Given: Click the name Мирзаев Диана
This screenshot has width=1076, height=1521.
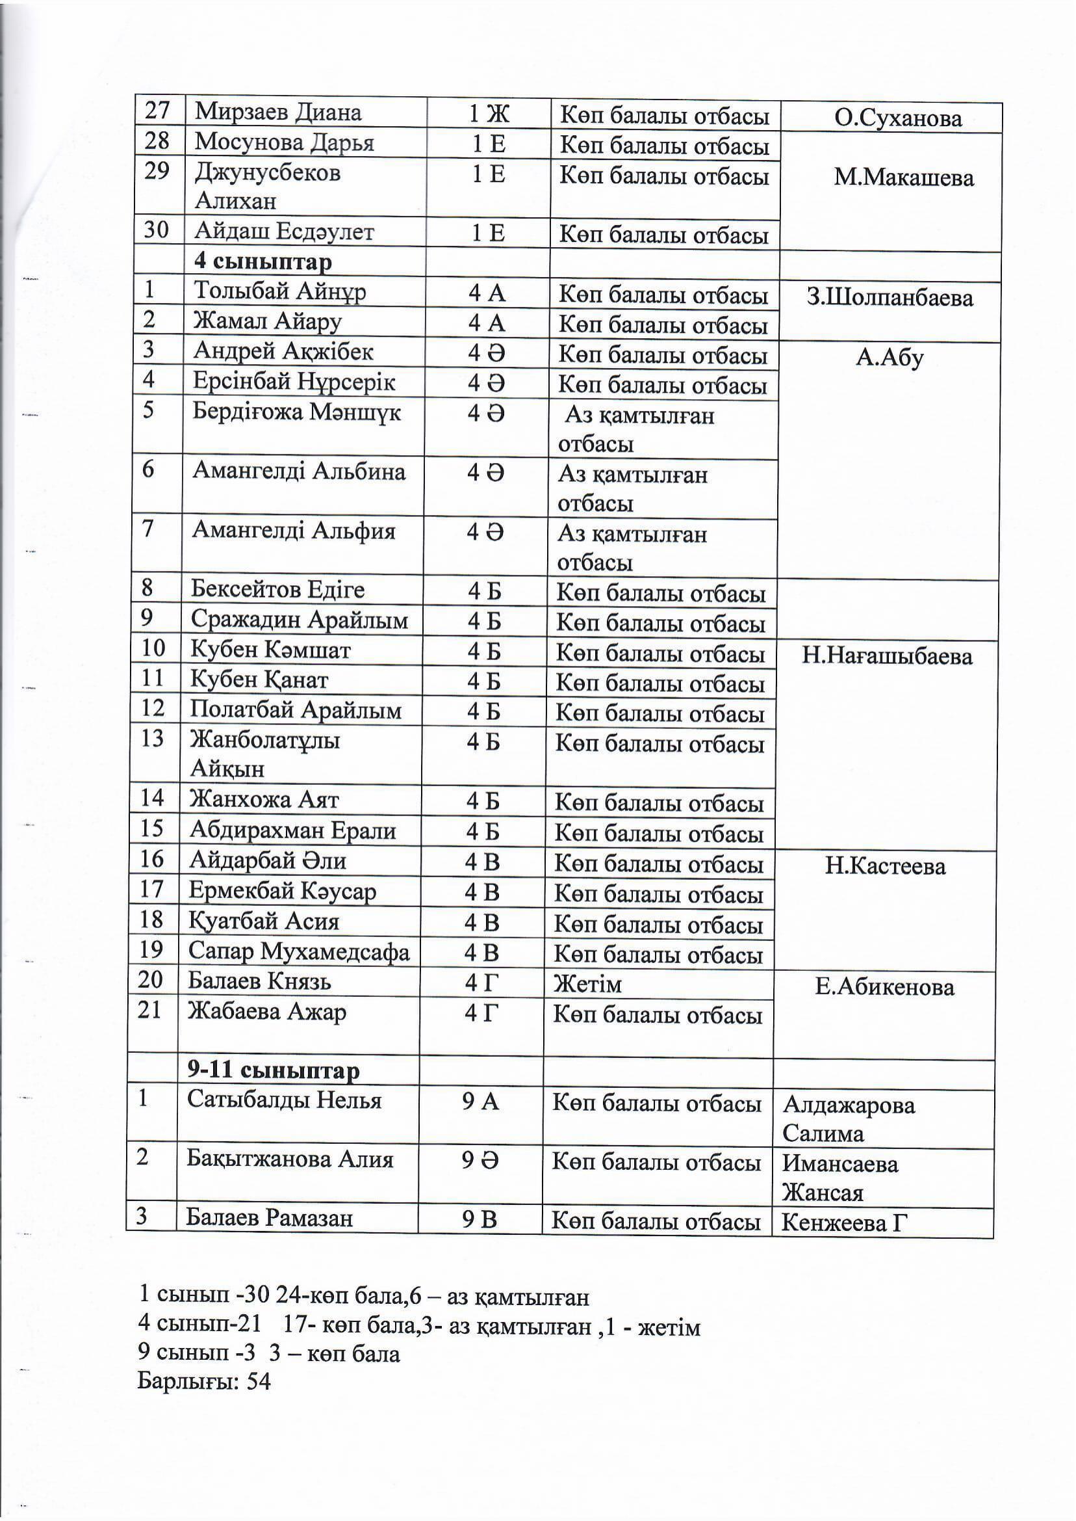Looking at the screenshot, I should point(277,112).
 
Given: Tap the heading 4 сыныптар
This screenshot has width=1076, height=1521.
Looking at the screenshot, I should point(263,262).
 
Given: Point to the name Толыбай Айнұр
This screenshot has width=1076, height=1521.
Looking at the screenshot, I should point(279,292).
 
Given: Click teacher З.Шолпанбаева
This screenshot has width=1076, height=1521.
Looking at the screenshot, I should point(889,298).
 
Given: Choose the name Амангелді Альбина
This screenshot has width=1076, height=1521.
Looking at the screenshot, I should point(299,471).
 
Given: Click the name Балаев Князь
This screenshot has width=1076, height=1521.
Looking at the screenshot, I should point(259,981).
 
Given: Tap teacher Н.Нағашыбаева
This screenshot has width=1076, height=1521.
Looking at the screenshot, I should point(886,656).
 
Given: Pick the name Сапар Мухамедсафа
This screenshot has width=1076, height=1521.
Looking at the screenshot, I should point(299,951).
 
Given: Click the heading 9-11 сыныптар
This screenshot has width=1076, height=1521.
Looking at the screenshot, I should point(273,1072).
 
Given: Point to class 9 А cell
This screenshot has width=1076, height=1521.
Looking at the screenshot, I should point(480,1102).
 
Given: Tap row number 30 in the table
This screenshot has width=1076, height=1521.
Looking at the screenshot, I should point(157,230).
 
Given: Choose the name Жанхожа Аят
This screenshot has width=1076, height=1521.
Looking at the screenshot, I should point(264,800).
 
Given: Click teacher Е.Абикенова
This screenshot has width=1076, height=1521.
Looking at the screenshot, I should point(884,987).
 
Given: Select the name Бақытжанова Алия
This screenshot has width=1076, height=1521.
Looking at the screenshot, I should point(290,1159).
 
